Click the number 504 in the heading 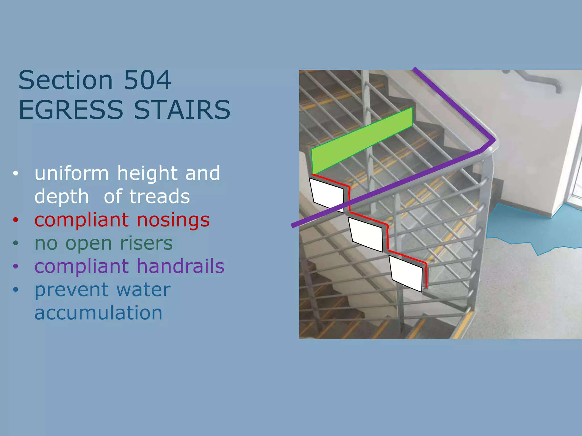147,80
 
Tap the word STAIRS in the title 182,110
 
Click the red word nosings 173,220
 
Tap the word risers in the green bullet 146,243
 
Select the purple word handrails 180,266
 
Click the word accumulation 98,313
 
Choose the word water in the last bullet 143,290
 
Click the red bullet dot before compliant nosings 16,220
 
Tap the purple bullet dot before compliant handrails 16,266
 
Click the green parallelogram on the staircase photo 361,141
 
